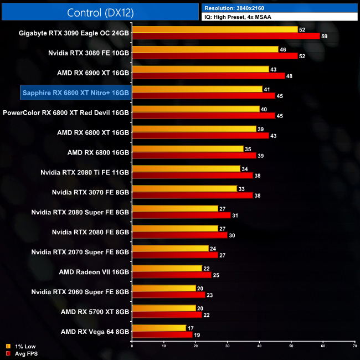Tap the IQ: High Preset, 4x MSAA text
238,17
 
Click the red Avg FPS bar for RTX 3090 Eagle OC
225,36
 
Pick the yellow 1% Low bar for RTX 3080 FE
205,49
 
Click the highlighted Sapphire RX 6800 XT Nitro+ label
75,92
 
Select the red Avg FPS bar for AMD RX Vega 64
162,335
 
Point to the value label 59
325,36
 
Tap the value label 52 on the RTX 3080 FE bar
302,56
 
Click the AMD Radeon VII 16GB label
94,272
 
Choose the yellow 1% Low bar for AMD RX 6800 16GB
187,149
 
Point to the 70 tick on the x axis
354,346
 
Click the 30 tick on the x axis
227,346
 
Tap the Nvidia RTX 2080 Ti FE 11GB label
85,172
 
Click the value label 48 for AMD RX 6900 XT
289,76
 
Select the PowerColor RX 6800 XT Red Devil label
66,112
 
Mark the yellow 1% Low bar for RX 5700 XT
163,308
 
